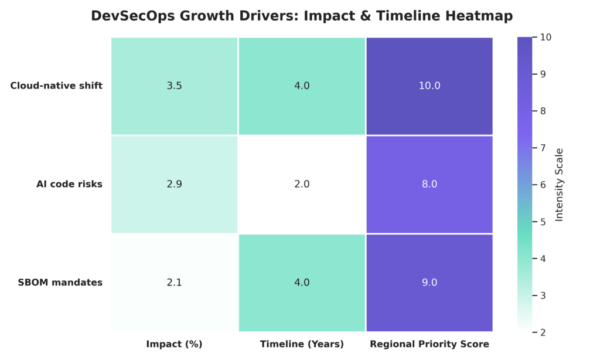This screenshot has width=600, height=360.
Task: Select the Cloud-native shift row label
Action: (56, 86)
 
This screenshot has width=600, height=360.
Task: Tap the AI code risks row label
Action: (69, 184)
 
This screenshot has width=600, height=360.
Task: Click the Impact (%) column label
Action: (174, 344)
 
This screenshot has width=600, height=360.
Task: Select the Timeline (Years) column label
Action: (302, 344)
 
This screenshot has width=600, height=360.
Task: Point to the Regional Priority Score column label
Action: (429, 344)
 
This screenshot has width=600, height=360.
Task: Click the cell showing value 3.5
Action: (174, 86)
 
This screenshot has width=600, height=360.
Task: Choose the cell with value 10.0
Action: (429, 86)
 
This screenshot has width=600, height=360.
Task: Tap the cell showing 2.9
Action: (174, 184)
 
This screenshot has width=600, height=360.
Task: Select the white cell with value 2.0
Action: (302, 184)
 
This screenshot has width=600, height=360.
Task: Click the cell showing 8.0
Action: (429, 184)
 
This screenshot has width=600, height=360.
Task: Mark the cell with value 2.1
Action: (174, 283)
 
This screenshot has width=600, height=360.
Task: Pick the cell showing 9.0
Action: (429, 283)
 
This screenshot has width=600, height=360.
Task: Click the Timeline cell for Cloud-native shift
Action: (302, 86)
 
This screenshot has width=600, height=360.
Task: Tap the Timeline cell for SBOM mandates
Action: (302, 283)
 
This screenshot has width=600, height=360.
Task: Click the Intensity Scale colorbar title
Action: (559, 184)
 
